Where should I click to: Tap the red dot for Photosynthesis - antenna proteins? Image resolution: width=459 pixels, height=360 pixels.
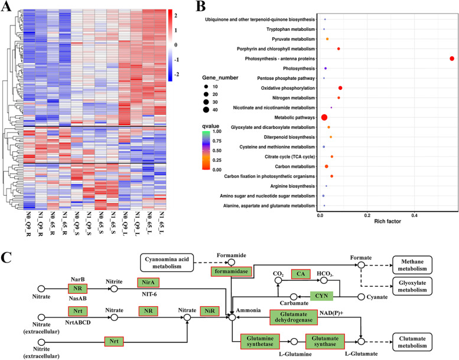pyautogui.click(x=451, y=59)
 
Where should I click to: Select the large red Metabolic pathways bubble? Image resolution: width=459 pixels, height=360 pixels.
pyautogui.click(x=324, y=118)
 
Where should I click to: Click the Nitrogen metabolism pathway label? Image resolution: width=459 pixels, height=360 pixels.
pyautogui.click(x=287, y=98)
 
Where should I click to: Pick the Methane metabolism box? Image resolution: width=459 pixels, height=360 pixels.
pyautogui.click(x=420, y=264)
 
